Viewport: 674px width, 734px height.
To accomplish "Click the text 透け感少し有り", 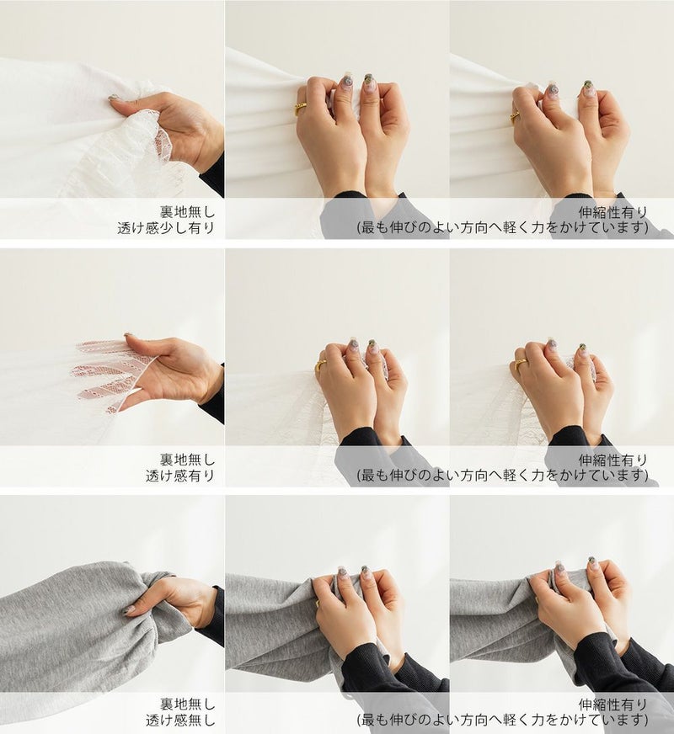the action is pyautogui.click(x=166, y=228).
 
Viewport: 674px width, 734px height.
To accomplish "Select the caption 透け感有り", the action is pyautogui.click(x=179, y=476).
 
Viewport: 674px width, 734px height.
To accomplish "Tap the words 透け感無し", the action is pyautogui.click(x=179, y=720).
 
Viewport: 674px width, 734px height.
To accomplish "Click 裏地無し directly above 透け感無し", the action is pyautogui.click(x=187, y=704).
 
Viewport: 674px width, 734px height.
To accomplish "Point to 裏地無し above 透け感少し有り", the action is pyautogui.click(x=187, y=212).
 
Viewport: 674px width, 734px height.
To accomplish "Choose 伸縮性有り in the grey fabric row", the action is pyautogui.click(x=613, y=704).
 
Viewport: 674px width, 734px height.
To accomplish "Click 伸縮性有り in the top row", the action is pyautogui.click(x=613, y=212).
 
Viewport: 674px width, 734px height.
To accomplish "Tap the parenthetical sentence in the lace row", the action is pyautogui.click(x=503, y=476).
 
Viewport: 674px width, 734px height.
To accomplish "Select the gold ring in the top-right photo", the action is pyautogui.click(x=516, y=115).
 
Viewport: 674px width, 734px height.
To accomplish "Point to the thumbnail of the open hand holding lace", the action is pyautogui.click(x=128, y=335).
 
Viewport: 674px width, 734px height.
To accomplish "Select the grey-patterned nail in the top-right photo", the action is pyautogui.click(x=551, y=89).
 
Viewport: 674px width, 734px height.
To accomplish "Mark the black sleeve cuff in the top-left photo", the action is pyautogui.click(x=215, y=177).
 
